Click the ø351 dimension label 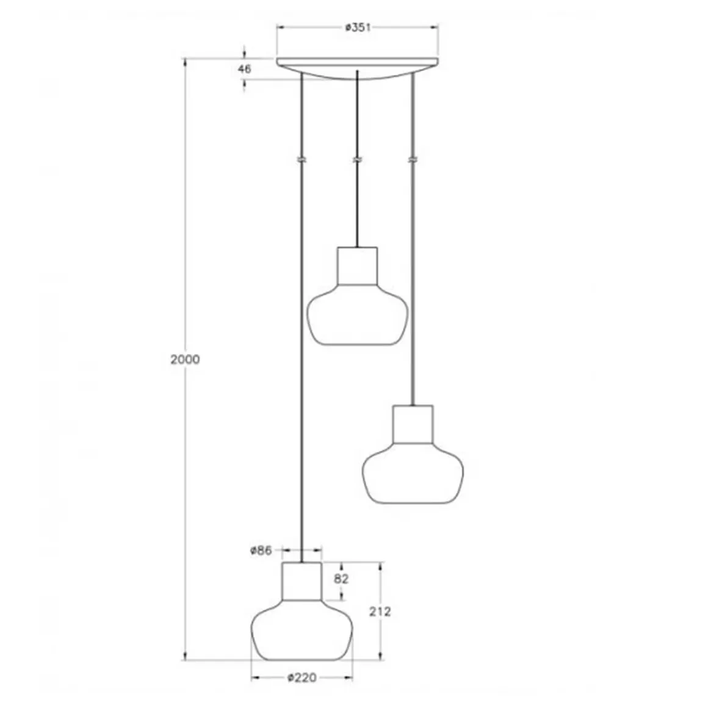(x=358, y=27)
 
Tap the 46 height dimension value (x=244, y=69)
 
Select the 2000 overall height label (x=184, y=359)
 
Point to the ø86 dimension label (x=261, y=551)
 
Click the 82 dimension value (x=341, y=579)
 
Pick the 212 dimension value (x=380, y=611)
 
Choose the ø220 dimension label (x=302, y=677)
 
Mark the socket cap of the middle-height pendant (x=413, y=424)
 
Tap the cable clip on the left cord (x=302, y=160)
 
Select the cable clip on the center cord (x=357, y=160)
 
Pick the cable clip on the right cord (x=413, y=160)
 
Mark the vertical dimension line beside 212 (x=380, y=641)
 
